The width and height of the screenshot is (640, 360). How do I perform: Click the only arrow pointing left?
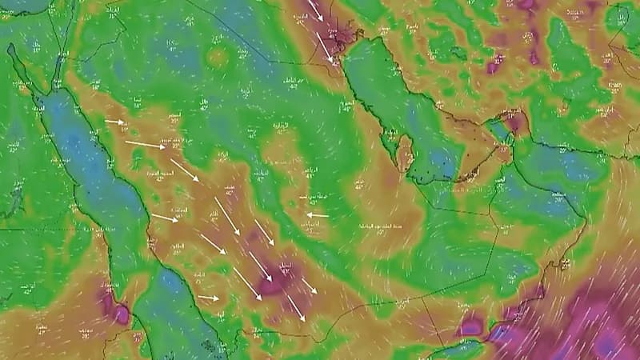pos(317,214)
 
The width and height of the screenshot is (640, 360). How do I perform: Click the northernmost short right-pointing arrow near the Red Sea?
pos(115,122)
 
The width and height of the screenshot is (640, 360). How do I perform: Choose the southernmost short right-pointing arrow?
pos(208,298)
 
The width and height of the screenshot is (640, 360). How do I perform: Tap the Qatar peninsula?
pos(405,151)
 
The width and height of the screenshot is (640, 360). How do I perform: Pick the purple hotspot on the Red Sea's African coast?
pos(114,308)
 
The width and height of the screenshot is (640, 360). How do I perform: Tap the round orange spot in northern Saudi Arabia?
pos(217,57)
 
